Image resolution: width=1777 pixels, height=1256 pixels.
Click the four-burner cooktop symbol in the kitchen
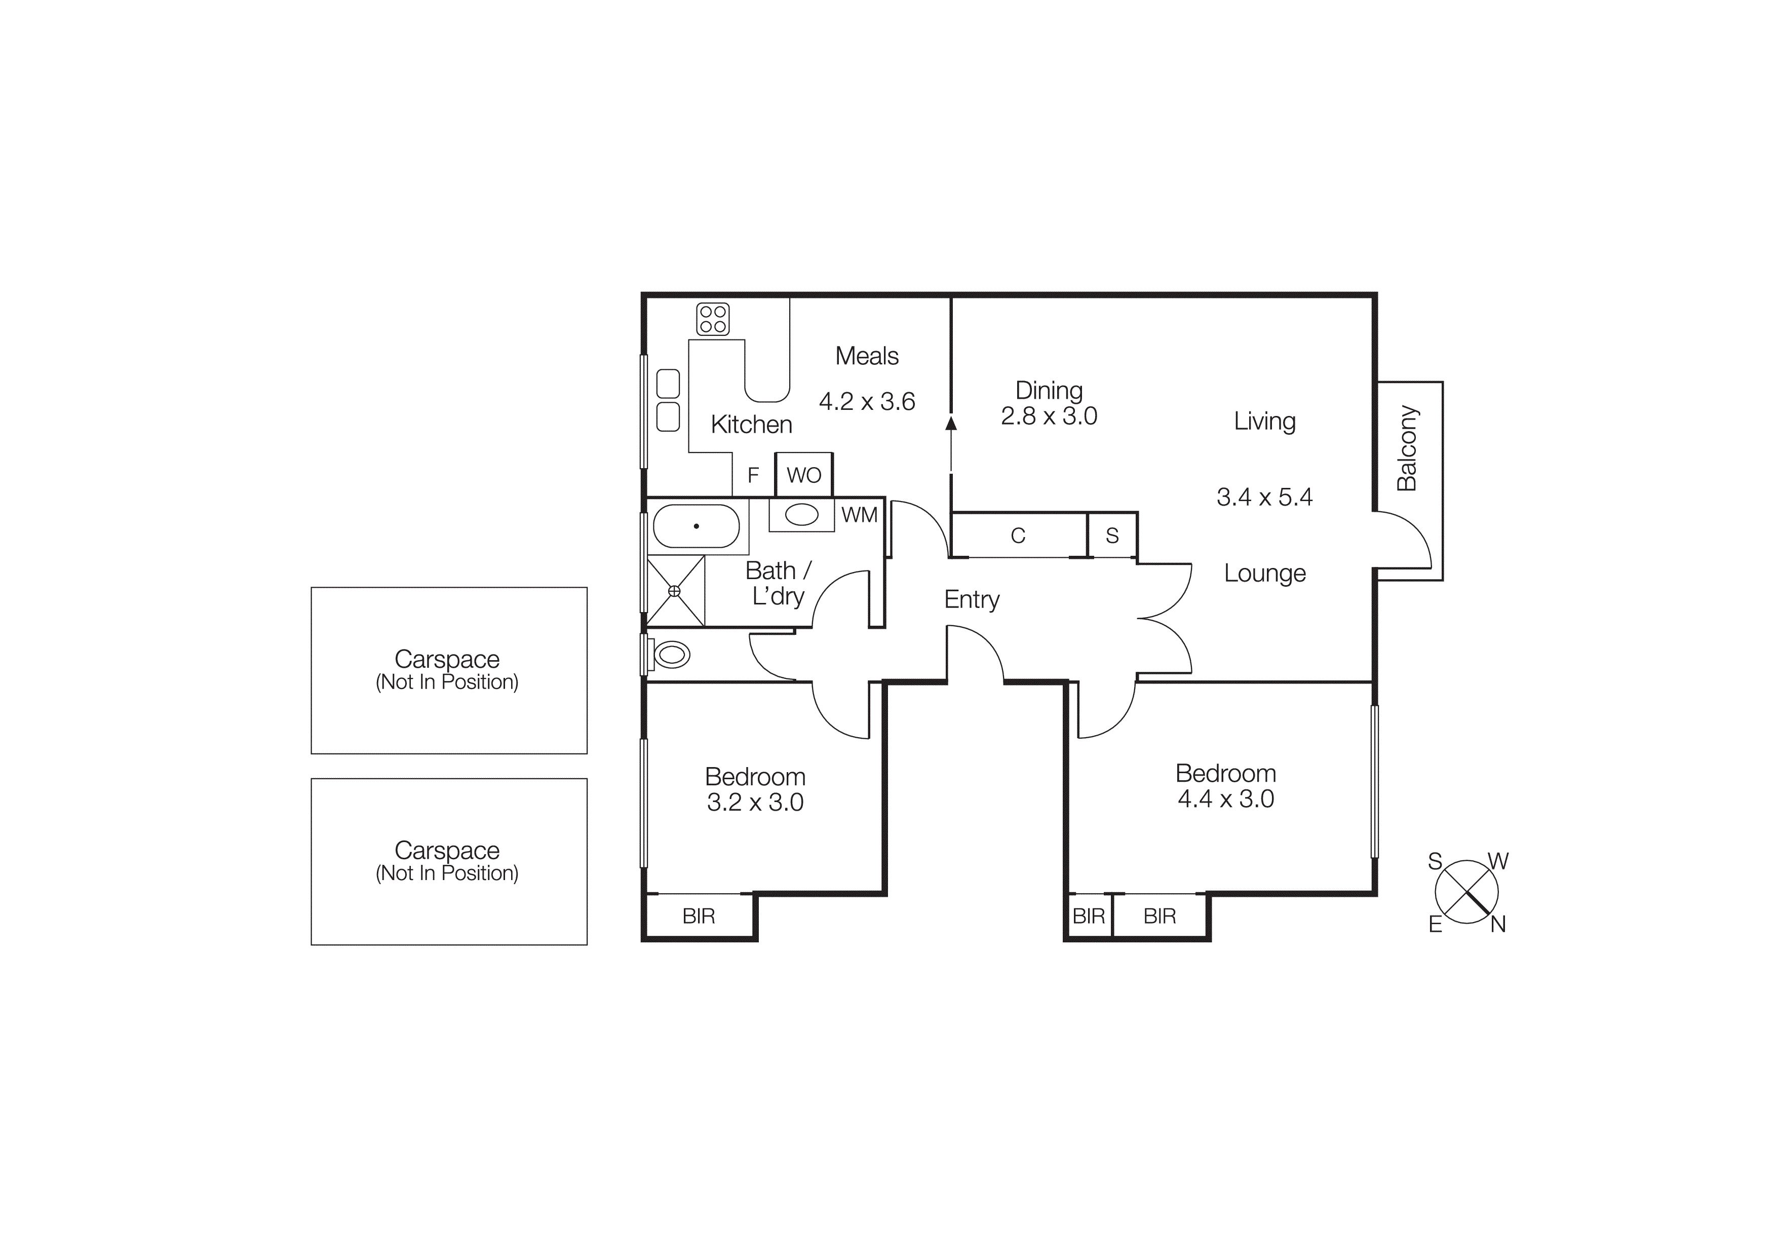[x=713, y=319]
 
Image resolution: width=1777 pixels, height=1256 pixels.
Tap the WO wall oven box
[x=803, y=474]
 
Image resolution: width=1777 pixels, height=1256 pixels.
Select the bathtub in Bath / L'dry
[x=697, y=526]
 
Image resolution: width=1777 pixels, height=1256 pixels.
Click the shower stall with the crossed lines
[x=675, y=590]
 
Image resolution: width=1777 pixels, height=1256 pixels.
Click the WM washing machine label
[x=859, y=515]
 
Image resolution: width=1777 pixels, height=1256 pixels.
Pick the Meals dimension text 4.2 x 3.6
[x=867, y=402]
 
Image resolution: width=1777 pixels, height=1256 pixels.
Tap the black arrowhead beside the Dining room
[x=951, y=423]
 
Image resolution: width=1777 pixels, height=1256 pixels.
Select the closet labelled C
[x=1018, y=535]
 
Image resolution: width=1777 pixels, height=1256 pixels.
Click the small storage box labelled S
[x=1112, y=535]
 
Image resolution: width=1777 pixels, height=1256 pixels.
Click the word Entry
[x=971, y=599]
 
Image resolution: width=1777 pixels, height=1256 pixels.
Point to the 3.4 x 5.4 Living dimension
[x=1264, y=497]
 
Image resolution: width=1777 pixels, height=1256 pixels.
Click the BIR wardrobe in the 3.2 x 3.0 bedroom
[x=698, y=916]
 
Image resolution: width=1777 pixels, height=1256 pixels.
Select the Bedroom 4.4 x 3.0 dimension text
[x=1225, y=798]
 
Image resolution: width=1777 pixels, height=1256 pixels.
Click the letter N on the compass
[x=1497, y=924]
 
